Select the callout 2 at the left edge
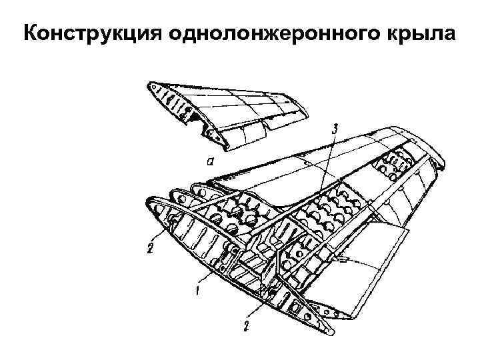[151, 250]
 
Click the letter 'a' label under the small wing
[210, 161]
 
